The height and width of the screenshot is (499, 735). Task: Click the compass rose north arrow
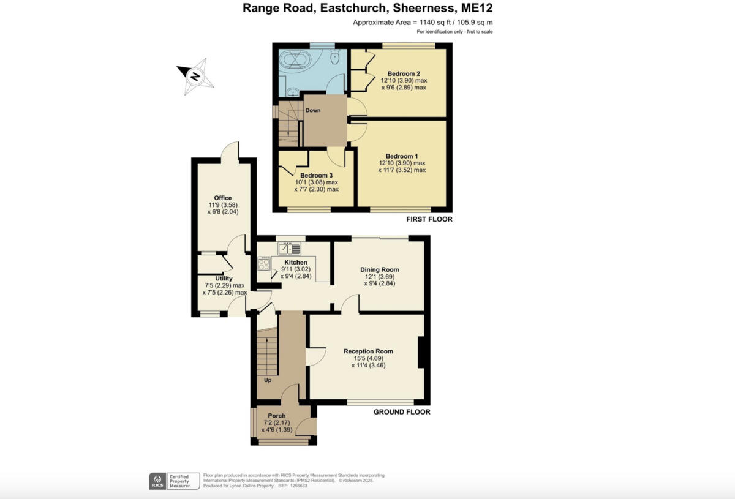[x=195, y=77]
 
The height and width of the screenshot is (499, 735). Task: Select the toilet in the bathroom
[x=334, y=58]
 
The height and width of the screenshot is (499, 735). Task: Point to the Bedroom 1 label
[x=402, y=156]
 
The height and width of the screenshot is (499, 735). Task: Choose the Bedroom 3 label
[x=316, y=175]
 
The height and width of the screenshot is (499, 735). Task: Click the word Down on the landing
[x=313, y=110]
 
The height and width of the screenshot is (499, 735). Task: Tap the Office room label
[x=223, y=198]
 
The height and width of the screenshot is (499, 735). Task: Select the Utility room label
[x=224, y=279]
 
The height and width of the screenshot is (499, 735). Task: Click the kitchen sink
[x=289, y=249]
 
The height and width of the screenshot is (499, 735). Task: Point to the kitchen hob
[x=265, y=265]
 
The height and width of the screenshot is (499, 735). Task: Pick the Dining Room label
[x=379, y=269]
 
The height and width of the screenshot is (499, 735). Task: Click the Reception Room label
[x=368, y=351]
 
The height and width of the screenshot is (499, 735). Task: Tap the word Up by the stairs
[x=268, y=380]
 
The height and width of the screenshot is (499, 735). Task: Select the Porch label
[x=277, y=416]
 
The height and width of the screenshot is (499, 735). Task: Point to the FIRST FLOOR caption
[x=429, y=219]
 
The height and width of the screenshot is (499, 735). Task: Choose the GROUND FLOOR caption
[x=402, y=412]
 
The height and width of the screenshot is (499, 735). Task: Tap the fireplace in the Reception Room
[x=421, y=352]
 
